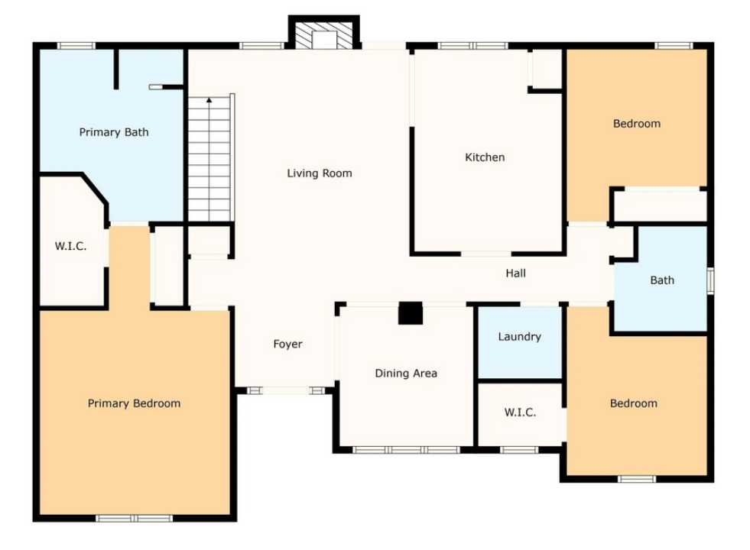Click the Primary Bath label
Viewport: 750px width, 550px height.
[x=114, y=132]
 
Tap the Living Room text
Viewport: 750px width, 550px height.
[x=320, y=173]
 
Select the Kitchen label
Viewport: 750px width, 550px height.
[x=485, y=157]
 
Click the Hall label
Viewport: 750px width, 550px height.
[x=515, y=273]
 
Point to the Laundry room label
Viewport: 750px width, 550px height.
[x=519, y=337]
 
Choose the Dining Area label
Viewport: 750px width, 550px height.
[x=406, y=374]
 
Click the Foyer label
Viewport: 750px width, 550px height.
[x=288, y=345]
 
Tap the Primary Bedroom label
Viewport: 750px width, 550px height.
[x=134, y=403]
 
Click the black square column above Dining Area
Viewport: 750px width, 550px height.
[x=411, y=314]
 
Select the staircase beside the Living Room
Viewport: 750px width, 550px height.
[x=209, y=160]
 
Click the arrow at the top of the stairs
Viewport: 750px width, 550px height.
[x=209, y=99]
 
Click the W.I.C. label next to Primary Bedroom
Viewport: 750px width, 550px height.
[x=70, y=247]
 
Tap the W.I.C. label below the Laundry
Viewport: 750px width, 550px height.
[x=520, y=412]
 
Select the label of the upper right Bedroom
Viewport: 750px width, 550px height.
[x=636, y=124]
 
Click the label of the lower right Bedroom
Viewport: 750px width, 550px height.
[x=633, y=403]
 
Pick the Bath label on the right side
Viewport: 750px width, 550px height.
[x=662, y=280]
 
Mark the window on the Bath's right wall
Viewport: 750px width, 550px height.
[x=710, y=280]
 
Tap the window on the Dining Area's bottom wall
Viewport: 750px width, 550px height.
[x=406, y=449]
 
